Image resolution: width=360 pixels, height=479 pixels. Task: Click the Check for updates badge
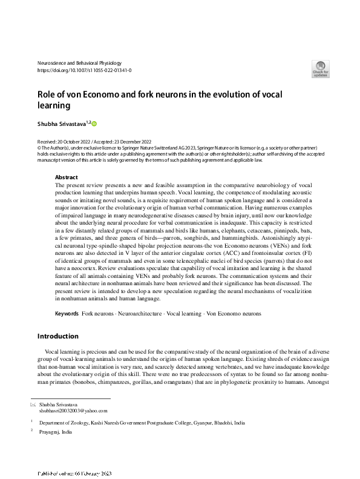320,68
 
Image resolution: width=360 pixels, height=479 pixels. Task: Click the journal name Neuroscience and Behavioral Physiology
79,62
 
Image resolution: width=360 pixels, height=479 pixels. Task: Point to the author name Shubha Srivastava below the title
62,123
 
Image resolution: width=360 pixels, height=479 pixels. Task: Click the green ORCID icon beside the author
94,123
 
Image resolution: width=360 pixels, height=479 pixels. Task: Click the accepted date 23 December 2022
137,140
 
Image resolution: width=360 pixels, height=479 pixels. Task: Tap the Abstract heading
67,177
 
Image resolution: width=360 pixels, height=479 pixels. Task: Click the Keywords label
67,314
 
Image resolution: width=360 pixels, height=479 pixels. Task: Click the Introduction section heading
58,336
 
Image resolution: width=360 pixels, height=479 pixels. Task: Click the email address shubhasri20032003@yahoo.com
68,411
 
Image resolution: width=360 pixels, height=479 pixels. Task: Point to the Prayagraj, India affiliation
56,432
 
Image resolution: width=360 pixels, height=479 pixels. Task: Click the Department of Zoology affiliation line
142,423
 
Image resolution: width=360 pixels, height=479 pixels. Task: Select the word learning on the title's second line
54,106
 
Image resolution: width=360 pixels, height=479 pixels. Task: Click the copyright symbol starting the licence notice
39,147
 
